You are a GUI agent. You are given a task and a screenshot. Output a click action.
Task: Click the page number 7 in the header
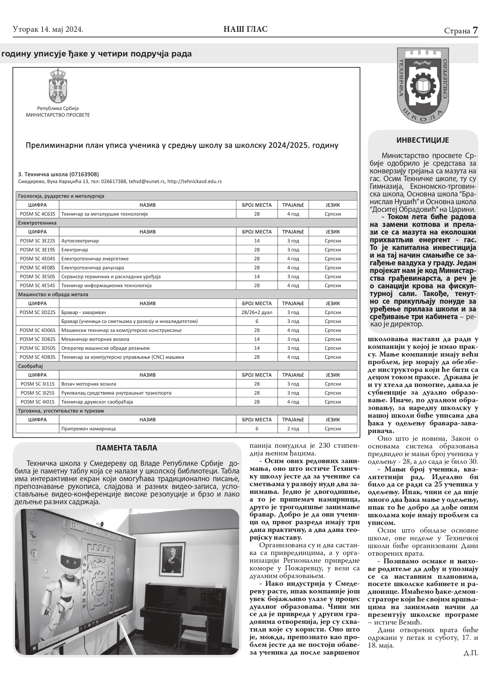tap(475, 30)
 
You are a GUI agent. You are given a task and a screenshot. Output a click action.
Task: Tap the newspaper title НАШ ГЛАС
tap(245, 29)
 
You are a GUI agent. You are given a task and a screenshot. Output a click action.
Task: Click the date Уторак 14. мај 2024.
tap(48, 29)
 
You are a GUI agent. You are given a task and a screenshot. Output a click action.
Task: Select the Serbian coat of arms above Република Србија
tap(58, 86)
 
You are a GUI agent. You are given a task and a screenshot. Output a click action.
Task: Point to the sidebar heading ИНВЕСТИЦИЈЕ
tap(423, 140)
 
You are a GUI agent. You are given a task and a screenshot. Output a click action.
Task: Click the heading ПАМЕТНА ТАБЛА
tap(127, 448)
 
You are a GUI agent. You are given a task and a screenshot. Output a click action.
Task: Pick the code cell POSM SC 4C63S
tap(37, 214)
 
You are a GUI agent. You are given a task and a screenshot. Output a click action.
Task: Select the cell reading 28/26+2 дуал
tap(257, 312)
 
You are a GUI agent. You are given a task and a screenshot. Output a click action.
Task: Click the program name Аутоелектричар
tap(80, 241)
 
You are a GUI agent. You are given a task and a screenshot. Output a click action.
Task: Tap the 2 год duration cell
tap(293, 429)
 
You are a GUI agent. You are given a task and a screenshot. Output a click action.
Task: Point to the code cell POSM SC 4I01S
tap(37, 402)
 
